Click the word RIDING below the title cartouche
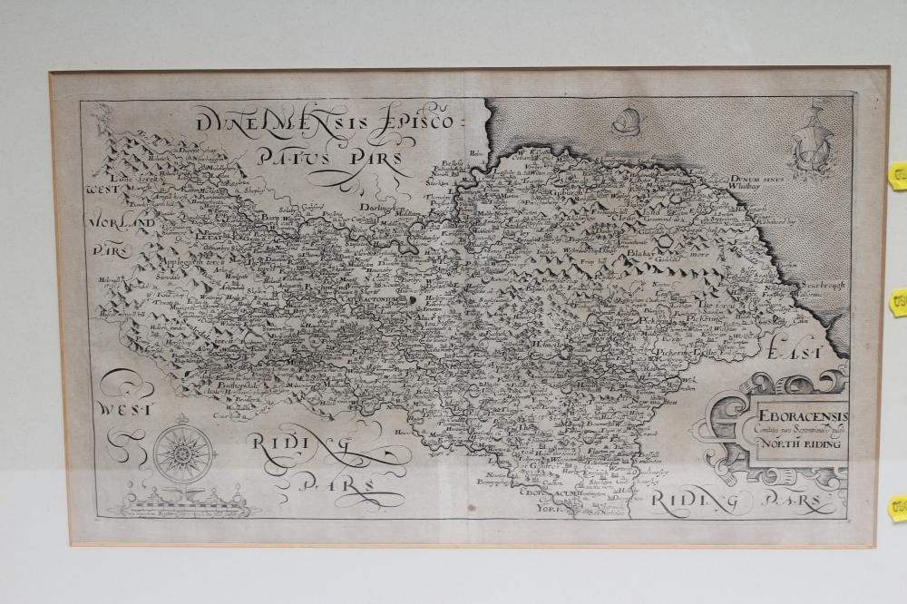pos(693,498)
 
